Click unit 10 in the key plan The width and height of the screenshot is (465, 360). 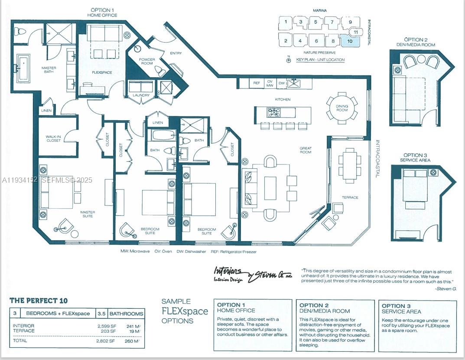350,41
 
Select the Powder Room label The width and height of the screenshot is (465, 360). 147,62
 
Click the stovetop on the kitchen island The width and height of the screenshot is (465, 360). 274,113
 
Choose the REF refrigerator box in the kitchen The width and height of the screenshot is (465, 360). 256,82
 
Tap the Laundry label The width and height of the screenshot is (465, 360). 141,95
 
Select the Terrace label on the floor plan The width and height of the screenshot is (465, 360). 350,197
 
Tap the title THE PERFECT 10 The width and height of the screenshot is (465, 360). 39,301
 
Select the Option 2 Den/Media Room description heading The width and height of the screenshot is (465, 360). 325,308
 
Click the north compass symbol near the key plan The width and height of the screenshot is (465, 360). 289,60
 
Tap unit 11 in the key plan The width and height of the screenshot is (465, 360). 355,32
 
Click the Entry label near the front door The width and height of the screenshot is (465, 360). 176,53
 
